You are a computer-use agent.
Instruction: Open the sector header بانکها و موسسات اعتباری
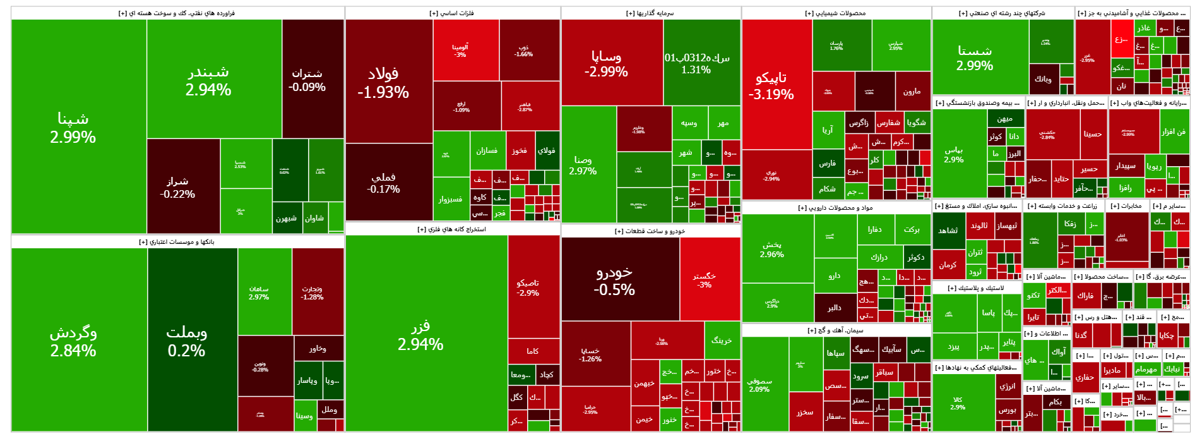[177, 241]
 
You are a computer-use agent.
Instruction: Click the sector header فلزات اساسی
[452, 13]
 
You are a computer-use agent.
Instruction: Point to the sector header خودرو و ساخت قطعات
[650, 231]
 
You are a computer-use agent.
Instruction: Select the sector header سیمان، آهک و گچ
[836, 330]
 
